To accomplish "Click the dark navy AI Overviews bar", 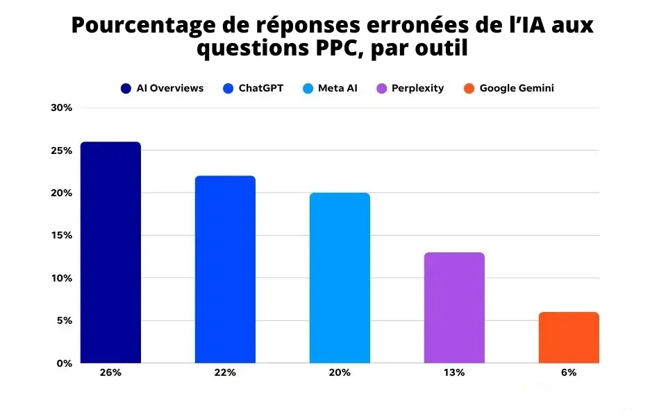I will point(110,252).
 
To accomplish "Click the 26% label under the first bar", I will point(110,372).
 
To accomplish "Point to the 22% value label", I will point(225,372).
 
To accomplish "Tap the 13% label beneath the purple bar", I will point(454,372).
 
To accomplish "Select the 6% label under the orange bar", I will point(569,372).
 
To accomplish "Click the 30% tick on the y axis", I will point(62,107).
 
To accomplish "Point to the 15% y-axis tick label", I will point(62,235).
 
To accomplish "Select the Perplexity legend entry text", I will point(417,88).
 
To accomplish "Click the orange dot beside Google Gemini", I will point(469,88).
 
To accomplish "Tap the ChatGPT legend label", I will point(261,88).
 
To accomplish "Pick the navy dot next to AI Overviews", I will point(126,88).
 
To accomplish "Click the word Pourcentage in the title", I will point(142,26).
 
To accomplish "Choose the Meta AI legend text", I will point(337,88).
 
